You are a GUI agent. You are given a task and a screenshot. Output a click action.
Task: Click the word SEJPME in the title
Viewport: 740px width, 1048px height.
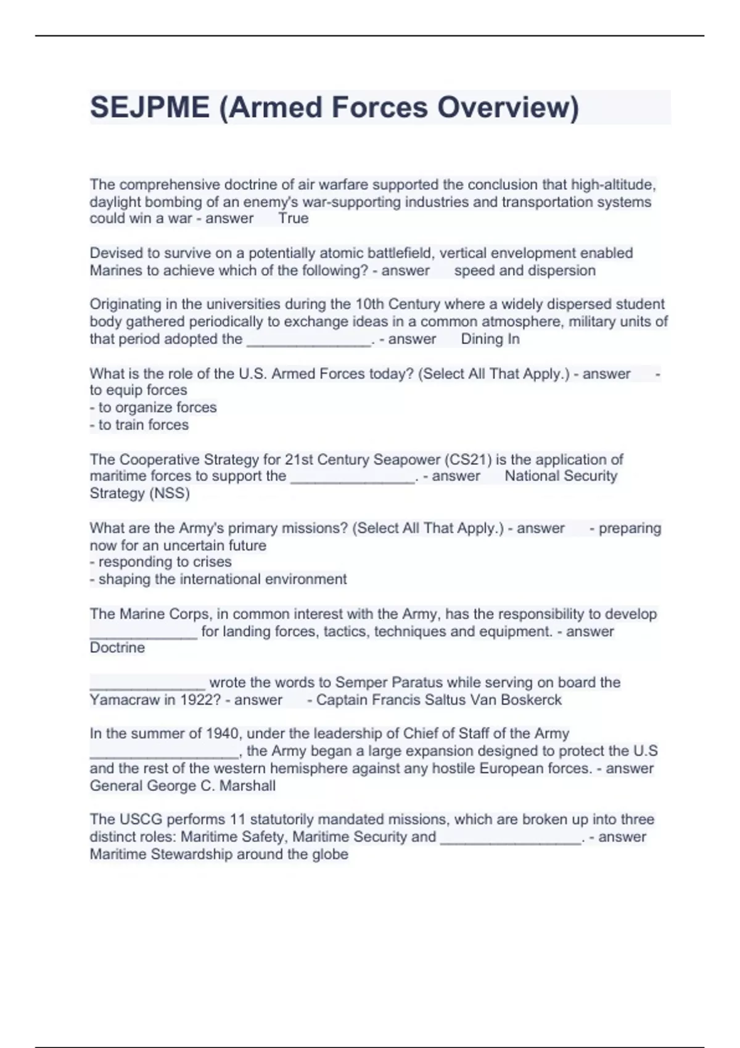(150, 107)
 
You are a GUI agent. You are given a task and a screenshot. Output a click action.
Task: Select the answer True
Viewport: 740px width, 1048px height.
(293, 218)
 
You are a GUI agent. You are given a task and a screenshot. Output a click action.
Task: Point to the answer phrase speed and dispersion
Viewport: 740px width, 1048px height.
(525, 271)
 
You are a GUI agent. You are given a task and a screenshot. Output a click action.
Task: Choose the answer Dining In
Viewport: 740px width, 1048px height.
(490, 339)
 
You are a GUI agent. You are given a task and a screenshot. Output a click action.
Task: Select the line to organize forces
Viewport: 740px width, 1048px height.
(154, 407)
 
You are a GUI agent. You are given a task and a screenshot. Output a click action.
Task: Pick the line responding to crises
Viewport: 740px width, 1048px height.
(161, 562)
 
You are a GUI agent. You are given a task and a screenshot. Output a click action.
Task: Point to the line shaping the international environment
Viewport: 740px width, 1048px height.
(218, 579)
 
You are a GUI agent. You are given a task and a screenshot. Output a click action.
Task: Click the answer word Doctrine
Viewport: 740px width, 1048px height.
(117, 648)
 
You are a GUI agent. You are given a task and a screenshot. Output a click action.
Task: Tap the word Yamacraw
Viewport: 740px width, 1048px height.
(125, 700)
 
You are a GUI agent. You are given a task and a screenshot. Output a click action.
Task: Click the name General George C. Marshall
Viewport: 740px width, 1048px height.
(183, 786)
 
